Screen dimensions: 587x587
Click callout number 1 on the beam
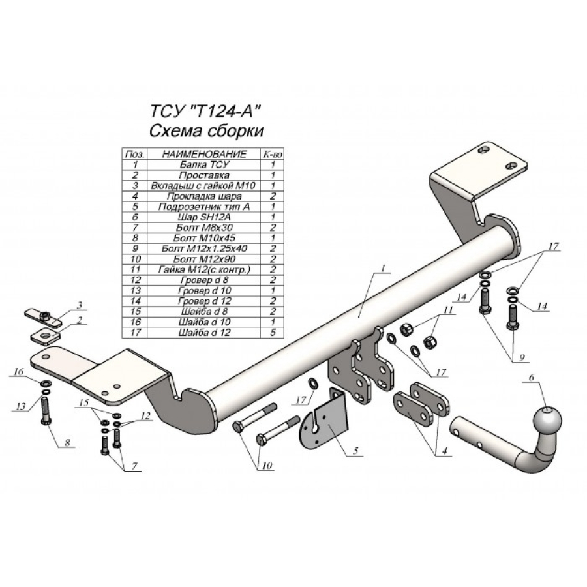tap(384, 269)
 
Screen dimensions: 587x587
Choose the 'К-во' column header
tap(272, 155)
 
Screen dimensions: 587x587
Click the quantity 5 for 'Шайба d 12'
tap(272, 332)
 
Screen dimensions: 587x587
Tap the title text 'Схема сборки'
tap(207, 130)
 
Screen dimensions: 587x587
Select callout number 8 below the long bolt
tap(67, 444)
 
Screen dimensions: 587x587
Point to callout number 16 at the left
tap(18, 372)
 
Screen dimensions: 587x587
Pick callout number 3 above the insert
tap(79, 305)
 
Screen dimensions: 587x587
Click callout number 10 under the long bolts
tap(267, 465)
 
